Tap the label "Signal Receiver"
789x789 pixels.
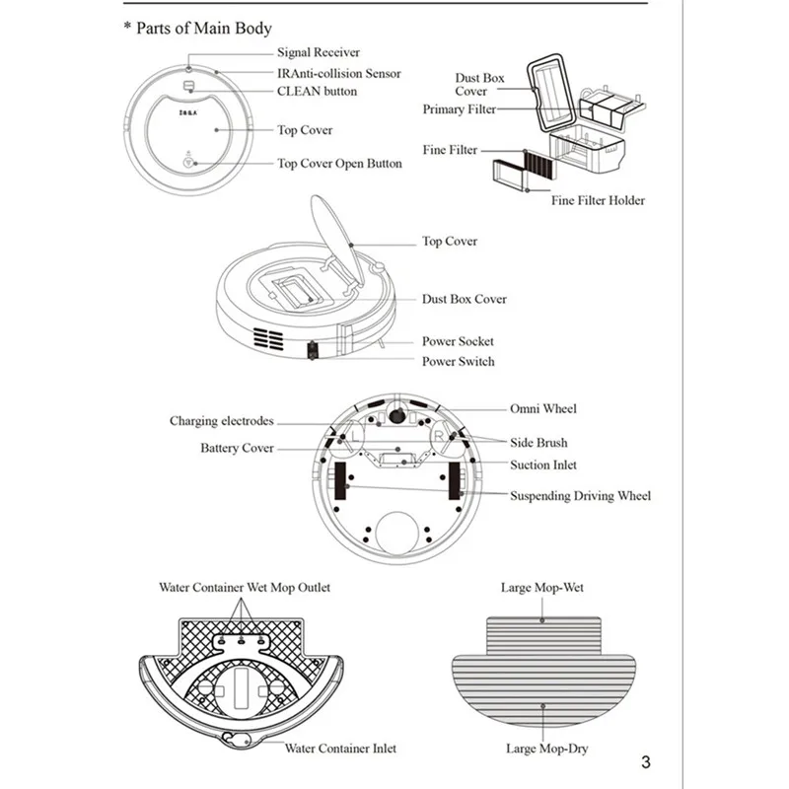click(318, 52)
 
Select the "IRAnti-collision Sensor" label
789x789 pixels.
click(338, 73)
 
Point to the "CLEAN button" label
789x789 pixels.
click(317, 91)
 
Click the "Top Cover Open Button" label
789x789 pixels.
click(339, 164)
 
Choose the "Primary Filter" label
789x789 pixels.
click(460, 109)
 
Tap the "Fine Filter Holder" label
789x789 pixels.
click(598, 200)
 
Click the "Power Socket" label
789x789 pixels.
click(458, 341)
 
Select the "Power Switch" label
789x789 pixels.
click(458, 361)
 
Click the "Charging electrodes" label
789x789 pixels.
click(221, 421)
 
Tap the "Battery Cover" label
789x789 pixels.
click(237, 448)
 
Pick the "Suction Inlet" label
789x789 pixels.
click(543, 465)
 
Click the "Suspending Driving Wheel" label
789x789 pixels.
click(580, 496)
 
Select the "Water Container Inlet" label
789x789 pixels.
click(340, 749)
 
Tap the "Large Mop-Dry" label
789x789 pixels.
click(545, 749)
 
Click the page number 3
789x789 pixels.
click(646, 761)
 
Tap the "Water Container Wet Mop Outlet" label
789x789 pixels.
click(245, 588)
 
